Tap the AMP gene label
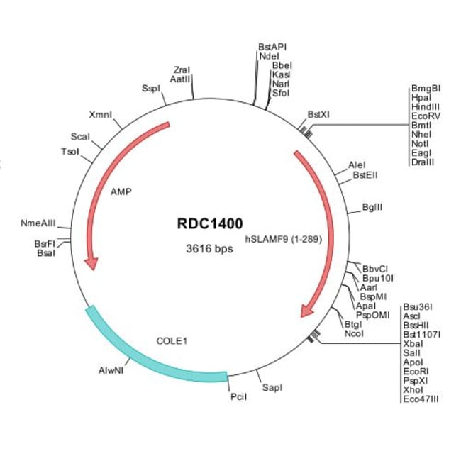pos(121,191)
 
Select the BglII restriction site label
pos(372,208)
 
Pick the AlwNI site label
pos(111,370)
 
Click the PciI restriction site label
pos(238,397)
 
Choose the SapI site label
pos(272,388)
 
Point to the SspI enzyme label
pos(150,89)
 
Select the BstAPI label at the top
pos(272,47)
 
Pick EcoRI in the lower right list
pos(416,371)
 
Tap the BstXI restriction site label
pos(318,114)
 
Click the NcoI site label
pos(353,333)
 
